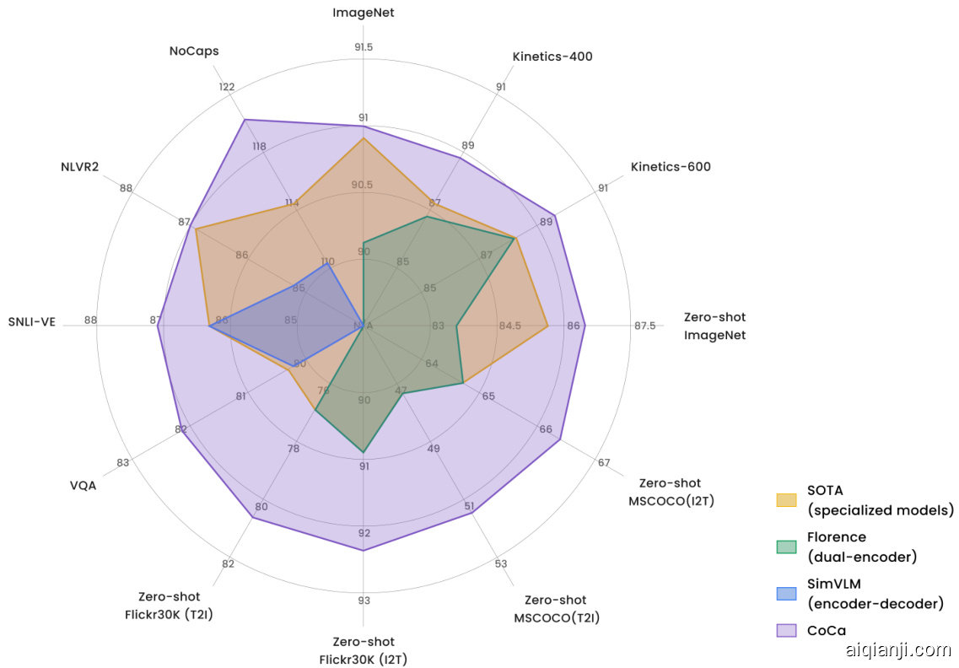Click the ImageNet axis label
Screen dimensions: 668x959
(x=363, y=13)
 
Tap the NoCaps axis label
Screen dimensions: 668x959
(x=194, y=51)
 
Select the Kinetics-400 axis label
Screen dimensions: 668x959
(x=552, y=57)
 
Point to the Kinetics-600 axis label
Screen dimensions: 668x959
(x=671, y=167)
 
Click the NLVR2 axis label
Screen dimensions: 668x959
(x=80, y=166)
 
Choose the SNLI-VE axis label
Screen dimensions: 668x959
(x=32, y=321)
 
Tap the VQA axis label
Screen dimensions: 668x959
(x=83, y=485)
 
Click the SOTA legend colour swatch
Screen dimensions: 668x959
(x=786, y=500)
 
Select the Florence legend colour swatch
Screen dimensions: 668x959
(x=786, y=547)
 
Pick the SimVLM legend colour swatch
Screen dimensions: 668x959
(x=786, y=593)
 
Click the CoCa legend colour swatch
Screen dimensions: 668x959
(x=786, y=630)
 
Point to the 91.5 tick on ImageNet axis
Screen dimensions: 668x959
(x=364, y=47)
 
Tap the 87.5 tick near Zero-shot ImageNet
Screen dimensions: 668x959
(x=644, y=326)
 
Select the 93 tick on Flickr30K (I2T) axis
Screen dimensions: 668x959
(x=364, y=601)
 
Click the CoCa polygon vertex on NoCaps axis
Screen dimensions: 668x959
(x=245, y=120)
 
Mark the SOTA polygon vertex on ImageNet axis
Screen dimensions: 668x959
(x=364, y=138)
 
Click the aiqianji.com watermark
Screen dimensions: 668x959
(x=897, y=649)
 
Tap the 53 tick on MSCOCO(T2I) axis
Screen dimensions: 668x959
(x=501, y=563)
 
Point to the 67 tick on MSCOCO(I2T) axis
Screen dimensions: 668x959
(x=604, y=463)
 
